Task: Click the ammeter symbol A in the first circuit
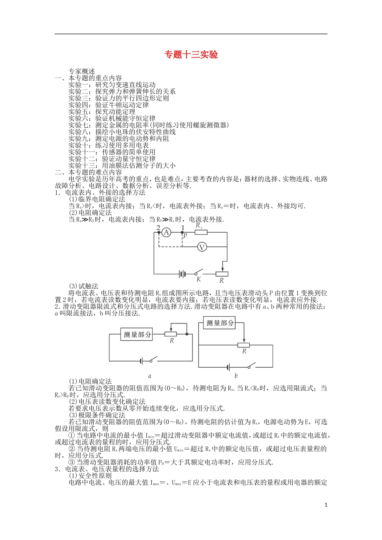(166, 232)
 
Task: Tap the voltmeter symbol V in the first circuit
(201, 247)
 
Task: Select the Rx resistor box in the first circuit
(201, 232)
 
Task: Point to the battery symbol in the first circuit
(182, 274)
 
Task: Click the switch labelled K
(198, 273)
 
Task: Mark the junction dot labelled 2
(158, 232)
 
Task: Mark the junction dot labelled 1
(183, 232)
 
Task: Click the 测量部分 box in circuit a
(137, 335)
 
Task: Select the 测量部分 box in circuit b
(220, 323)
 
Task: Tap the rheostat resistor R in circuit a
(171, 334)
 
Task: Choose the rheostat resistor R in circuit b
(244, 345)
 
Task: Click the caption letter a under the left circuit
(150, 376)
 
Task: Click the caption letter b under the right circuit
(236, 376)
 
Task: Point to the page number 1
(326, 505)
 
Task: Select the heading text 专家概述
(82, 72)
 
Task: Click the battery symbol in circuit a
(142, 360)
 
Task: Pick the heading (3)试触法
(84, 286)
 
